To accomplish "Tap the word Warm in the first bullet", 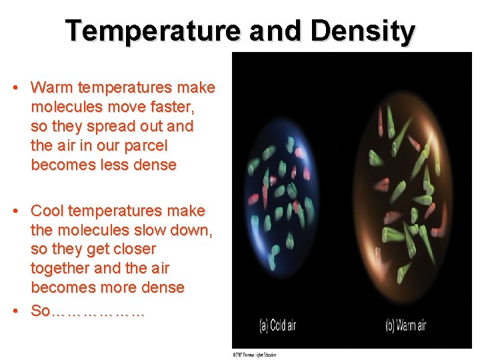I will click(52, 87).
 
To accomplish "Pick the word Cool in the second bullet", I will click(48, 211).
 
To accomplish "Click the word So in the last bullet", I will click(40, 311).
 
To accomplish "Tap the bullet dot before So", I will click(20, 311).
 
